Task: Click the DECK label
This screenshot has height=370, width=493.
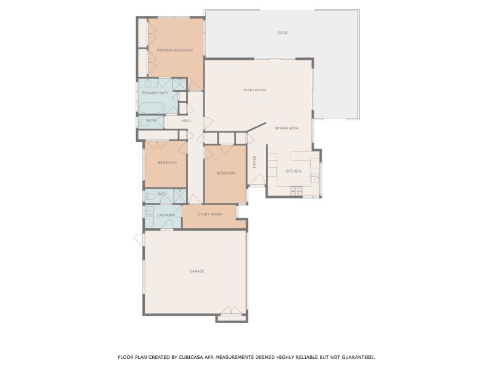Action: [x=283, y=33]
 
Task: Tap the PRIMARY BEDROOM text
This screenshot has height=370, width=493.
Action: [x=175, y=50]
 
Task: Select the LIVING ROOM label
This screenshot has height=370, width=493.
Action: [x=253, y=90]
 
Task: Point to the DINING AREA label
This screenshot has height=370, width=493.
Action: [x=287, y=128]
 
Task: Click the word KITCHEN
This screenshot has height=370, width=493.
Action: [x=293, y=171]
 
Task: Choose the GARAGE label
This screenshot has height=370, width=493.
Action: [x=197, y=271]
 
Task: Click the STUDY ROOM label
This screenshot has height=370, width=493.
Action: [x=210, y=214]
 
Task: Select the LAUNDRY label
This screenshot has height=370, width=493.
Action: [x=166, y=215]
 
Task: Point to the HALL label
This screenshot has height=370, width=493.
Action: [x=187, y=120]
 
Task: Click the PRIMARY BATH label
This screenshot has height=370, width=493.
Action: [x=155, y=92]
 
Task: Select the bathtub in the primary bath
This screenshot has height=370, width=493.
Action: [x=151, y=108]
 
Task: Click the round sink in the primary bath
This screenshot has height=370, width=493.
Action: [x=149, y=82]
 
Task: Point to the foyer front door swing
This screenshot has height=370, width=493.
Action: [x=257, y=180]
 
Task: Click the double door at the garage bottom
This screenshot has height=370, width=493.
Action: [x=232, y=312]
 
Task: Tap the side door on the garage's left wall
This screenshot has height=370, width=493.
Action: [x=139, y=239]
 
